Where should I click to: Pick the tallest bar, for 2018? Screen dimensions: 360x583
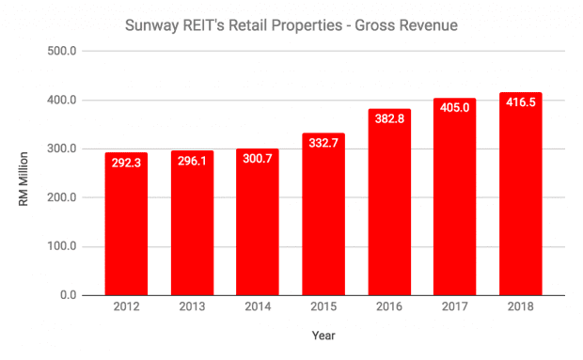[520, 197]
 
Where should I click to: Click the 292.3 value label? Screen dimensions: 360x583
[126, 163]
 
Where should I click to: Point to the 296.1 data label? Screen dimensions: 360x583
[192, 161]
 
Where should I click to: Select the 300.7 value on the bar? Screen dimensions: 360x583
[258, 159]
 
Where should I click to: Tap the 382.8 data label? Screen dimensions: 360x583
[388, 118]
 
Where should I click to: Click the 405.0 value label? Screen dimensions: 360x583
[454, 107]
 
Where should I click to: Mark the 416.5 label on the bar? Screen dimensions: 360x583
[520, 102]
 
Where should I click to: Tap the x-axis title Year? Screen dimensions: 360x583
[323, 336]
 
